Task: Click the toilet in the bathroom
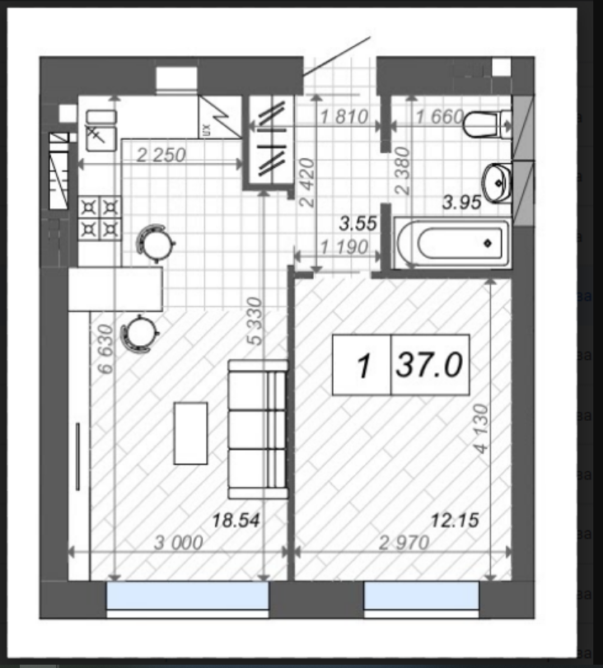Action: tap(487, 124)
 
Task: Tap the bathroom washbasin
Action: tap(497, 183)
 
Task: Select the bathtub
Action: tap(452, 243)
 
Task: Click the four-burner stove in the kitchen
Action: tap(100, 218)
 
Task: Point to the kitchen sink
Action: tap(101, 130)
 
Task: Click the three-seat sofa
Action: tap(258, 429)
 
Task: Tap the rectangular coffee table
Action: tap(190, 432)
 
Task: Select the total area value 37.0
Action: tap(428, 365)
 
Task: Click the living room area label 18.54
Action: tap(236, 521)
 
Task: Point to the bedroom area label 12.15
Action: tap(455, 521)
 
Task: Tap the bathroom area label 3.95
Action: tap(462, 202)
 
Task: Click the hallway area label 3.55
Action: tap(358, 224)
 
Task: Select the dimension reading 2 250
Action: tap(161, 155)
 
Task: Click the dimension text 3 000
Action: tap(178, 543)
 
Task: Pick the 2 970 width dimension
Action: tap(404, 543)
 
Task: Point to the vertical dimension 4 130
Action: tap(481, 428)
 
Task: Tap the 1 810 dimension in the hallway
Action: tap(344, 117)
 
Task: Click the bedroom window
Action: tap(422, 596)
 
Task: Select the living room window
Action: tap(188, 596)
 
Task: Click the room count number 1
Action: tap(363, 366)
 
